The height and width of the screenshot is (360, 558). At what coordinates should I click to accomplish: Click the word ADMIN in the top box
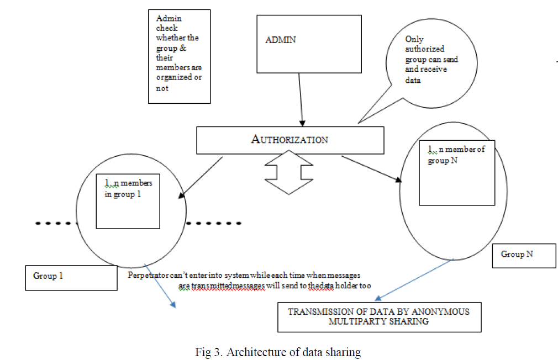(281, 40)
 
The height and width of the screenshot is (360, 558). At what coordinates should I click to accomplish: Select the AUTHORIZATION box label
(290, 139)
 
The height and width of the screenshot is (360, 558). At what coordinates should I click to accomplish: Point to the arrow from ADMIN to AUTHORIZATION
(301, 99)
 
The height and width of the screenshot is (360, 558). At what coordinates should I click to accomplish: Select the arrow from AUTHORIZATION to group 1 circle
(202, 177)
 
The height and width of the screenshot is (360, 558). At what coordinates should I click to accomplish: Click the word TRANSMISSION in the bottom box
(318, 311)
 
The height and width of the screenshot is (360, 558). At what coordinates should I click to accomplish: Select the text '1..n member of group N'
(456, 154)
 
